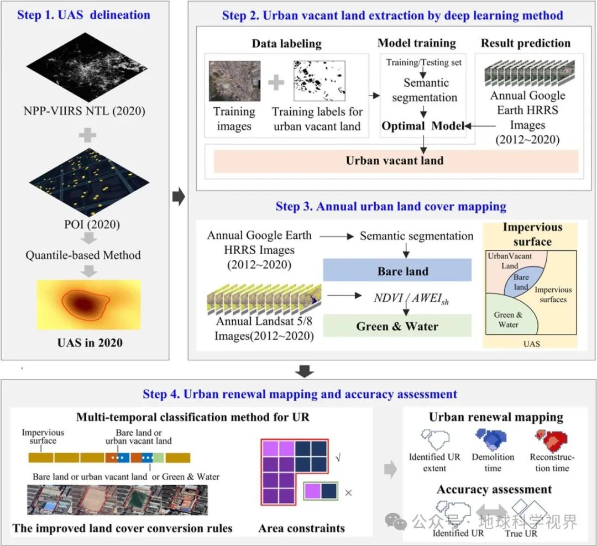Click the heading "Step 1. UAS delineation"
coord(83,14)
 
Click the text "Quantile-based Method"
coord(83,255)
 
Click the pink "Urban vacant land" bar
coord(395,161)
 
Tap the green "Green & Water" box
coord(396,326)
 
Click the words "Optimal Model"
coord(423,125)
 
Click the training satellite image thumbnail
coord(234,81)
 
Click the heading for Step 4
coord(300,394)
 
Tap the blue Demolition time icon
coord(493,440)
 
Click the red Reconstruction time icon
coord(551,440)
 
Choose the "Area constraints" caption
coord(302,528)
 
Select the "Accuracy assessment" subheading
coord(494,490)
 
